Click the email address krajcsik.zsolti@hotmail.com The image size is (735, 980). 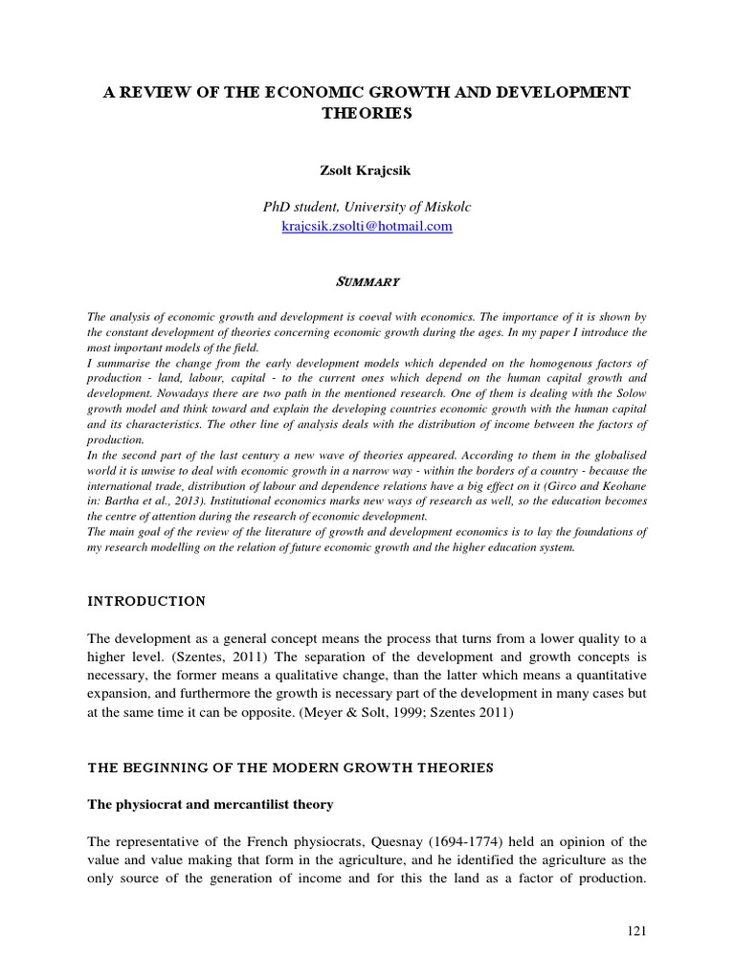tap(367, 227)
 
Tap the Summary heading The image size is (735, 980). tap(367, 282)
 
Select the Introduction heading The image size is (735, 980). tap(146, 601)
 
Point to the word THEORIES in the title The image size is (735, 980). tap(367, 113)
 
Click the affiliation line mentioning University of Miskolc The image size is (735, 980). tap(367, 207)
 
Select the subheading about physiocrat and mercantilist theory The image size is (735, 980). tap(211, 804)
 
